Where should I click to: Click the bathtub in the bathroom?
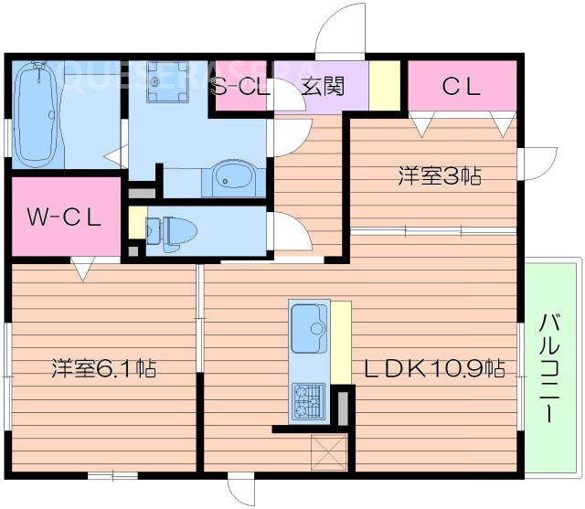(x=37, y=114)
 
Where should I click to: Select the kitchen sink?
(x=309, y=327)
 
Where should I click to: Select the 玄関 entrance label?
(x=322, y=88)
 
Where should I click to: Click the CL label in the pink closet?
(x=462, y=87)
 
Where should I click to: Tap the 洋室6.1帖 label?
(x=102, y=369)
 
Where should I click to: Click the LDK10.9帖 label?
(x=435, y=369)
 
